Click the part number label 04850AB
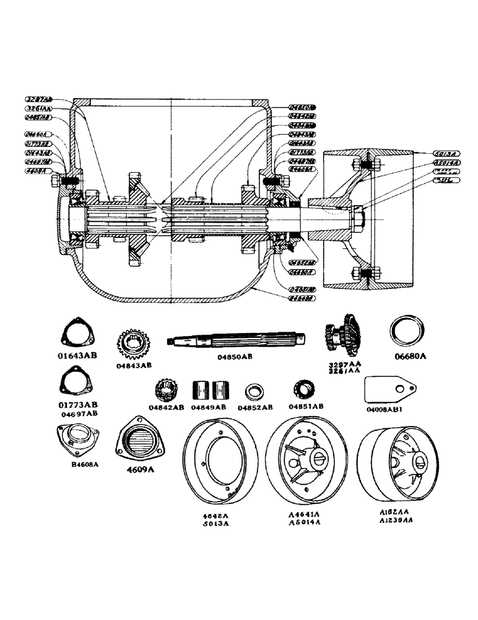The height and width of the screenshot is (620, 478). tap(235, 356)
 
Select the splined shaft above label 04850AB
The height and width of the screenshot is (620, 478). tap(237, 340)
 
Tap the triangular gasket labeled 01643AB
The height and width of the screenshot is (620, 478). tap(77, 337)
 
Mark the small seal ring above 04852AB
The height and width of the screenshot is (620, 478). tap(256, 392)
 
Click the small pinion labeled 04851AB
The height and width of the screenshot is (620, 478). tap(305, 391)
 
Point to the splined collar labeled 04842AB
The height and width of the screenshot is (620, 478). tap(169, 391)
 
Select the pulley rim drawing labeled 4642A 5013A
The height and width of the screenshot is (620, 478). tap(221, 466)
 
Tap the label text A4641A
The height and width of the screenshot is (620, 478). tap(304, 515)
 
